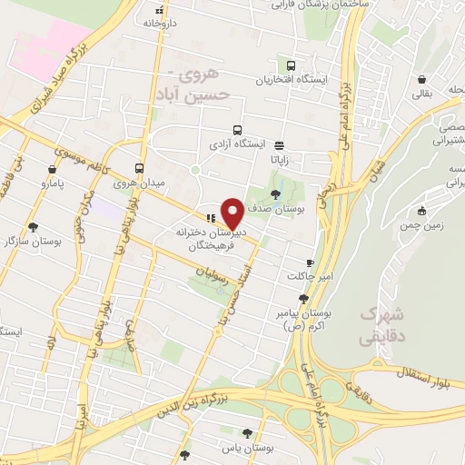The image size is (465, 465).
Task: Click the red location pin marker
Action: (233, 213)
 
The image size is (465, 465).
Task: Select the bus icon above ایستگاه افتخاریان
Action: (291, 65)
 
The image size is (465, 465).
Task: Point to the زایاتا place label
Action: (279, 158)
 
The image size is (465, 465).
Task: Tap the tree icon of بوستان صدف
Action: (277, 193)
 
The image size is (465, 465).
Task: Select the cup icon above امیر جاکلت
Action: (310, 262)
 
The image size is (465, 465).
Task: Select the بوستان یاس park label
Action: (247, 450)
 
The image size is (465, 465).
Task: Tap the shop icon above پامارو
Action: (54, 169)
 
